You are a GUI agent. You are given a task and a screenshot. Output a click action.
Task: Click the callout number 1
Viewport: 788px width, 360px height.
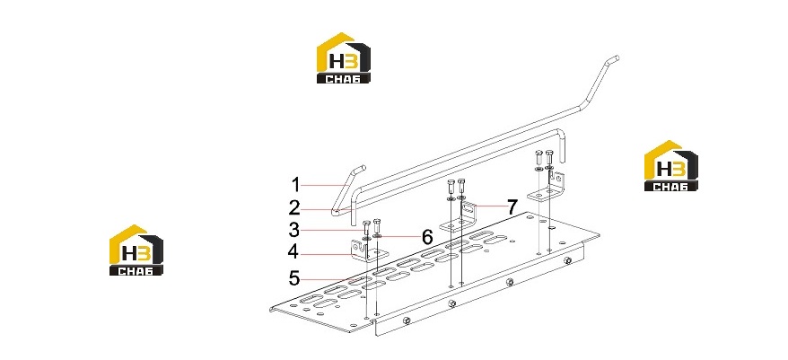tap(296, 185)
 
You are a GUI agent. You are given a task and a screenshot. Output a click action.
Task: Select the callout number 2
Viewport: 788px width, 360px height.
tap(295, 207)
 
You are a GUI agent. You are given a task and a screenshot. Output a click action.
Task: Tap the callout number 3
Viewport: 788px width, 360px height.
tap(295, 230)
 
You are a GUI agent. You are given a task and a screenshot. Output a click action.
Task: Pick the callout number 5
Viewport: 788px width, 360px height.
tap(295, 277)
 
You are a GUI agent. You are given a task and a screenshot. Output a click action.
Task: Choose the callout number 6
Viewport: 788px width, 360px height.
tap(427, 237)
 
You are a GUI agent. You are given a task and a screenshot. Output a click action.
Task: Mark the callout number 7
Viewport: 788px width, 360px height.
tap(512, 206)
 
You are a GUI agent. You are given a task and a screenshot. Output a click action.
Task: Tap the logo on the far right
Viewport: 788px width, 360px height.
tap(671, 165)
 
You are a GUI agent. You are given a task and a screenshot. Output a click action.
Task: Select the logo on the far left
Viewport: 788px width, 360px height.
tap(136, 250)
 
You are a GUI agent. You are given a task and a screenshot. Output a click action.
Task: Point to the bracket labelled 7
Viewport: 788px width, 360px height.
tap(460, 219)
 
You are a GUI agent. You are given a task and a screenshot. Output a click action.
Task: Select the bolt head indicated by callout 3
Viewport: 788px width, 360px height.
tap(366, 223)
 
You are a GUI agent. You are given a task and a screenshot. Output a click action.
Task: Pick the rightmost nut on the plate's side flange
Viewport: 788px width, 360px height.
tap(567, 260)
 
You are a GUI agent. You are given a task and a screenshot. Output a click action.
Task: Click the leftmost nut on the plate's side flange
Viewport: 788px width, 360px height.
tap(407, 320)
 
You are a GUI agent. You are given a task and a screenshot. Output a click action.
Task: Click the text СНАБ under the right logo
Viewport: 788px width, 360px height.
tap(671, 187)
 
